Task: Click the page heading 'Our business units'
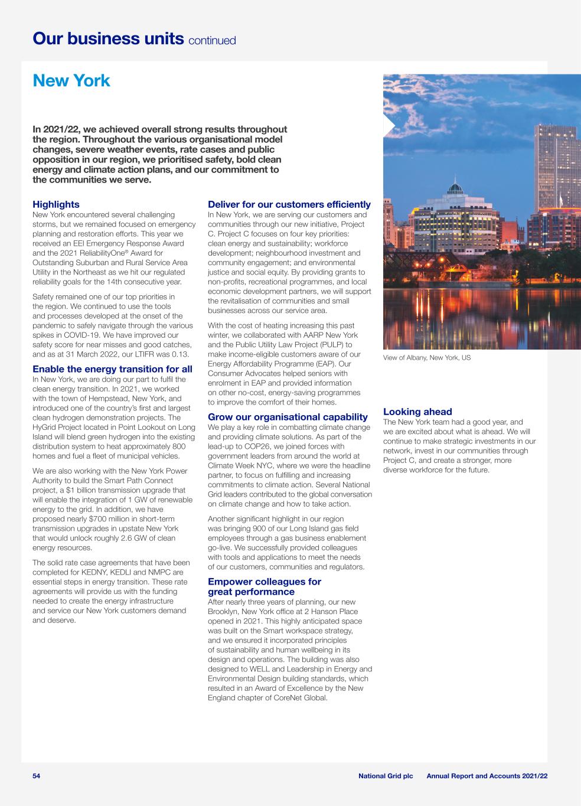pyautogui.click(x=108, y=38)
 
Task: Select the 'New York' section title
pyautogui.click(x=71, y=80)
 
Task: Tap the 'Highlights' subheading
pyautogui.click(x=56, y=204)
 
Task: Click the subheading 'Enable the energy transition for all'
pyautogui.click(x=112, y=369)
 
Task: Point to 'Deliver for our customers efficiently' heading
pyautogui.click(x=289, y=204)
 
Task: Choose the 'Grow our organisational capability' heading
pyautogui.click(x=288, y=417)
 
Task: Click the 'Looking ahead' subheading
pyautogui.click(x=417, y=412)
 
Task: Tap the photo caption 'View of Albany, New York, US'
pyautogui.click(x=427, y=358)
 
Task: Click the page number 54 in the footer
pyautogui.click(x=37, y=775)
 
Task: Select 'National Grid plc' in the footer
pyautogui.click(x=386, y=775)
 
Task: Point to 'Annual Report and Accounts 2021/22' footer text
pyautogui.click(x=487, y=775)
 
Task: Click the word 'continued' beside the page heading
pyautogui.click(x=212, y=40)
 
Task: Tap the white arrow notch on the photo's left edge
pyautogui.click(x=389, y=125)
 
